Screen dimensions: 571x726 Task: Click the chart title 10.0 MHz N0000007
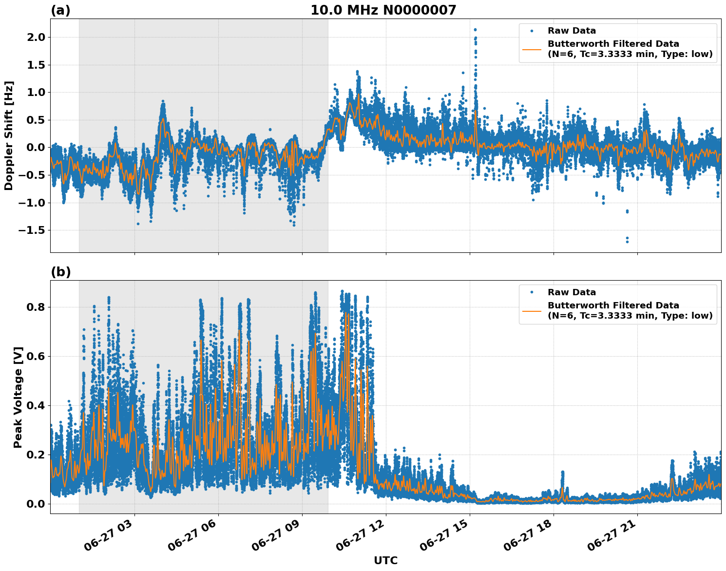point(383,10)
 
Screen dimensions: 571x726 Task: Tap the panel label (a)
point(60,11)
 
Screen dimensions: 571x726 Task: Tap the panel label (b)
point(60,272)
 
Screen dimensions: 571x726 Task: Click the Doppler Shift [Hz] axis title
point(9,136)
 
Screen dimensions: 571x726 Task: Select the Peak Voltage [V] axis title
point(18,397)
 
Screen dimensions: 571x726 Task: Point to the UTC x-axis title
point(385,561)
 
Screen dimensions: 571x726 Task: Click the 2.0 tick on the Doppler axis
point(37,38)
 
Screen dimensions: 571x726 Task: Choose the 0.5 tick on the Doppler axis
point(37,120)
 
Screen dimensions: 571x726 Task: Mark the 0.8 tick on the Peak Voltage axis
point(37,307)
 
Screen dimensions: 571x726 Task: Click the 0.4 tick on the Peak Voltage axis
point(37,406)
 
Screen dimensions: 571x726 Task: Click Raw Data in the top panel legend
point(572,31)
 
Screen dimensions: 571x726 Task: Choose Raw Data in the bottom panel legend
point(572,293)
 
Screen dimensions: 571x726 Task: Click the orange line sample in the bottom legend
point(532,311)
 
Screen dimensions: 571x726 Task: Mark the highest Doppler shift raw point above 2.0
point(475,30)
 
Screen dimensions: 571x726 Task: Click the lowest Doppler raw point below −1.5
point(627,242)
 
